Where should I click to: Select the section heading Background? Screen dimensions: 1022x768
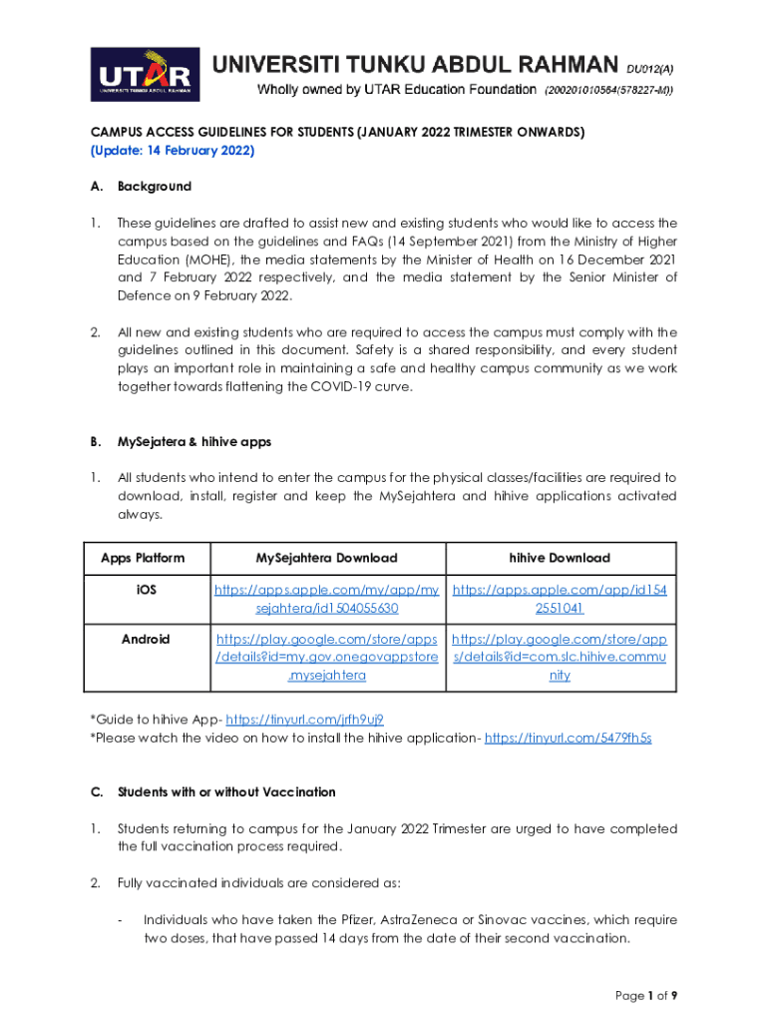(x=155, y=187)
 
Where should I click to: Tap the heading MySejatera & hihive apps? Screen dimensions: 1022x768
(x=193, y=441)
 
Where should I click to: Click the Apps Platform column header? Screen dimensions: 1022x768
(x=143, y=558)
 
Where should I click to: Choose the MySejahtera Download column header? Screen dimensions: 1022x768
(x=326, y=558)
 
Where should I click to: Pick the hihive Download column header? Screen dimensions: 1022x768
(x=561, y=558)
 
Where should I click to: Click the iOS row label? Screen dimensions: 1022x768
(x=146, y=590)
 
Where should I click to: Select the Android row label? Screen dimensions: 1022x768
(x=146, y=639)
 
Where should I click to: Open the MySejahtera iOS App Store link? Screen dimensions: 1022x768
(x=327, y=599)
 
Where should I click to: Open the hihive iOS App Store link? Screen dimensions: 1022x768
(x=561, y=599)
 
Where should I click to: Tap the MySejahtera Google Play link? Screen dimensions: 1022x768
(x=327, y=657)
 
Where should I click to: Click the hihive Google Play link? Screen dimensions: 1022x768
(x=561, y=657)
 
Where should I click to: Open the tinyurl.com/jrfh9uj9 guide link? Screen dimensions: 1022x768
(x=305, y=719)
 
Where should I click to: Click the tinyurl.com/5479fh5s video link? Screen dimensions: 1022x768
(x=568, y=738)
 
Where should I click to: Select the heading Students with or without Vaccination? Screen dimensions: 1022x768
(x=226, y=792)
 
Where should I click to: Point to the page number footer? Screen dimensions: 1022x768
(x=645, y=995)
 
